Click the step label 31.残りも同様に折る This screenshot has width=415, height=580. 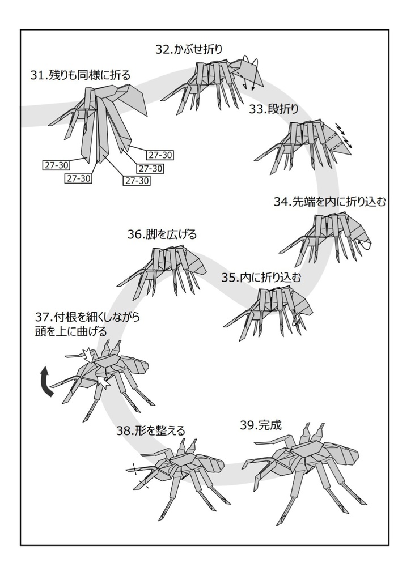[x=81, y=75]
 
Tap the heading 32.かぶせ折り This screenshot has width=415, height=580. [x=189, y=49]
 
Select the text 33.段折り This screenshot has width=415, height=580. [x=273, y=109]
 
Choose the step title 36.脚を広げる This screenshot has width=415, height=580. [x=162, y=234]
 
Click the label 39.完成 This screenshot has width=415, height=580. [x=260, y=425]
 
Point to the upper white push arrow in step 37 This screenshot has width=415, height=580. [x=87, y=355]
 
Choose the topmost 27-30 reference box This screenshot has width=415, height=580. [x=160, y=155]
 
